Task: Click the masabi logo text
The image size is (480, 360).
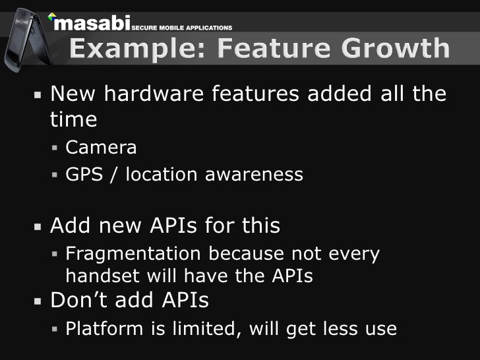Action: [x=93, y=24]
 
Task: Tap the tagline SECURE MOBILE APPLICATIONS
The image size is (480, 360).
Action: [x=182, y=28]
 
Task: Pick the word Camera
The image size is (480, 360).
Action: [x=101, y=148]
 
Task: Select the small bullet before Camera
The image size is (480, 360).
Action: [x=56, y=148]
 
